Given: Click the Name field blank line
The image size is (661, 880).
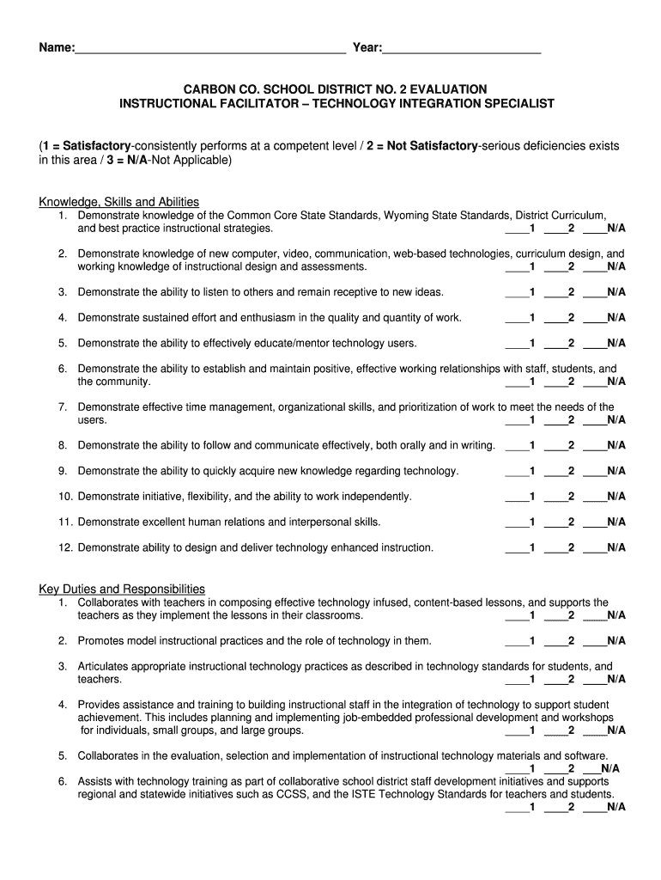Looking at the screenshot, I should pos(210,49).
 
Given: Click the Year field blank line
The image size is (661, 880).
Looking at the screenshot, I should pos(462,49).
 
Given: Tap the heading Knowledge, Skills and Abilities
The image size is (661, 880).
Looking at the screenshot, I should pos(118,202).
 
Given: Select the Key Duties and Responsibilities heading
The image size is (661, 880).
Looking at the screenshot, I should pos(122,589).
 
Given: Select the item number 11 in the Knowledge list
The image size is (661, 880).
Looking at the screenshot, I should pos(65,522).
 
